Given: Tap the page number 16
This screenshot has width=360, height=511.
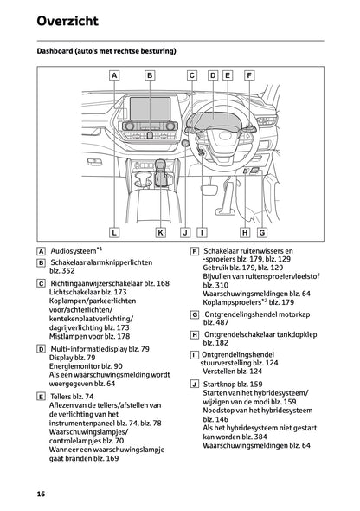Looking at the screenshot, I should pos(41,494).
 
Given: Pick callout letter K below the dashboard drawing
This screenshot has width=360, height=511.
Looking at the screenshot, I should pos(161,232).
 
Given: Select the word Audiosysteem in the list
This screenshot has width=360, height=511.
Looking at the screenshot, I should pos(74,247).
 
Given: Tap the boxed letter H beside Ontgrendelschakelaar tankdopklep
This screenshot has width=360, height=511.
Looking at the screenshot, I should pos(193,333).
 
